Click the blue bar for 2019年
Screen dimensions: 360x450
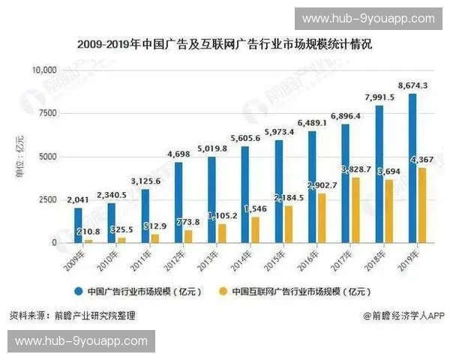(x=412, y=168)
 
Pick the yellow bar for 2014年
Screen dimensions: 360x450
(x=256, y=229)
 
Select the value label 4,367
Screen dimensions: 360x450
(x=422, y=160)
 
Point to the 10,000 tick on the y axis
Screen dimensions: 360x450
(x=45, y=70)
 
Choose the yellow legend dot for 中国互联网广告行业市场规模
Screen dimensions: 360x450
(x=223, y=291)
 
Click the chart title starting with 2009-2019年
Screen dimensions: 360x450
(x=224, y=45)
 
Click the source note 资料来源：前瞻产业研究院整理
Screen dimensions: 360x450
(x=73, y=316)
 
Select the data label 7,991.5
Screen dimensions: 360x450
(x=379, y=97)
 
